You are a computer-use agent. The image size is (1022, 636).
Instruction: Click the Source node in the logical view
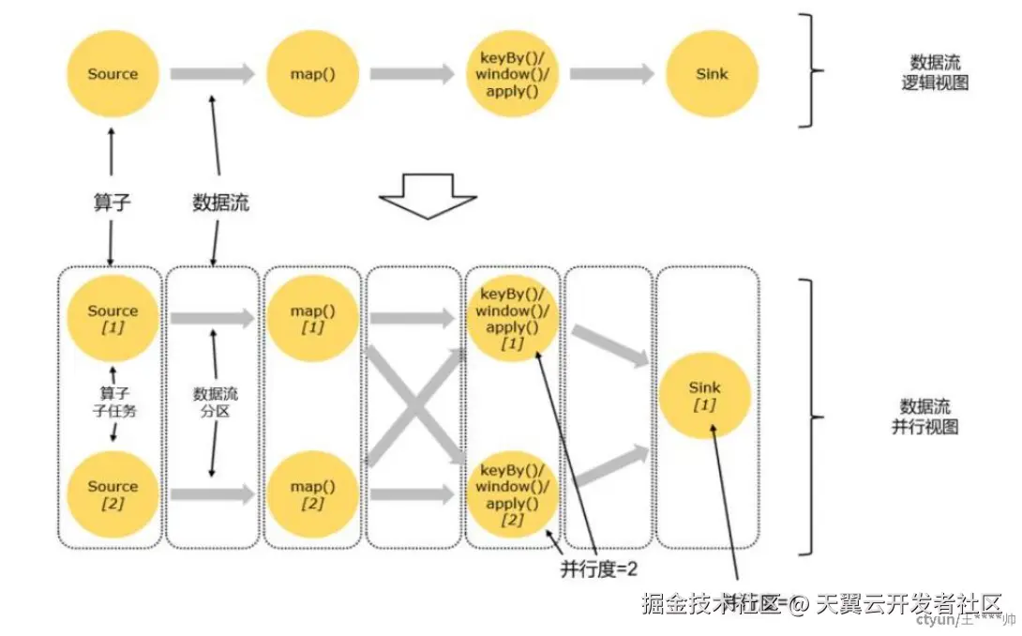113,74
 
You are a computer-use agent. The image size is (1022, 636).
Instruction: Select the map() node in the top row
313,74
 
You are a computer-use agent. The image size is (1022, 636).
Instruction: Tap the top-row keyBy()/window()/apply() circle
512,74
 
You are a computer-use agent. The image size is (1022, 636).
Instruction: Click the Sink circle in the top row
712,74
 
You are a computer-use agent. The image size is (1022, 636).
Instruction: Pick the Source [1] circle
113,317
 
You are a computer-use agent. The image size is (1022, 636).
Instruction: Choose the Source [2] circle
113,493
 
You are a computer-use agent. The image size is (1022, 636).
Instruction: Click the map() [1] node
313,317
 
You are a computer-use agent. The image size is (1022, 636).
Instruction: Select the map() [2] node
313,493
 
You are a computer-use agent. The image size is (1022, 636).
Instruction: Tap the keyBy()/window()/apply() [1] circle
512,317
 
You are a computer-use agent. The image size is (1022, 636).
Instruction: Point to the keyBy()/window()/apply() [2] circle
512,493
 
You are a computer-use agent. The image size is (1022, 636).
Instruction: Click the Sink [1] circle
704,394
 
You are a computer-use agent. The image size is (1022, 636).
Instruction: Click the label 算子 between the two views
112,203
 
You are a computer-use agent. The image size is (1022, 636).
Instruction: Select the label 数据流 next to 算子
220,203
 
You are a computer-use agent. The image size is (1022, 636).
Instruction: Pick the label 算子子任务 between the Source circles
113,401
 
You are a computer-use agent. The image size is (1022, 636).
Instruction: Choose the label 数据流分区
215,402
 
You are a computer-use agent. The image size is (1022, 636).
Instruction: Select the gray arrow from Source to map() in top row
212,73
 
